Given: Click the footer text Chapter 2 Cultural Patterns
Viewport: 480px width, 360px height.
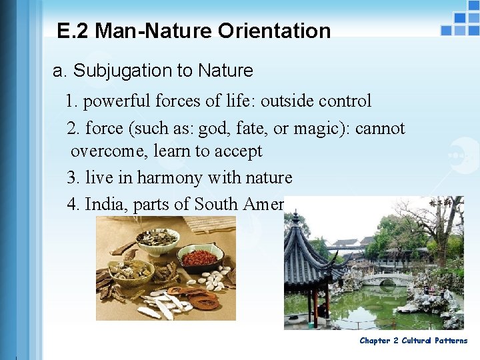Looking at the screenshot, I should [x=413, y=341].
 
